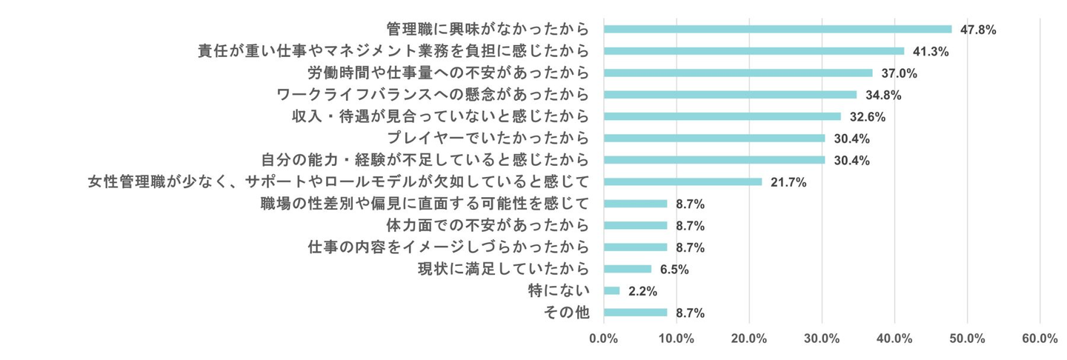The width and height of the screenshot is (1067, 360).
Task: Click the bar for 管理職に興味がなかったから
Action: [x=777, y=30]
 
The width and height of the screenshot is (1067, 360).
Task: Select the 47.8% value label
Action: [x=977, y=30]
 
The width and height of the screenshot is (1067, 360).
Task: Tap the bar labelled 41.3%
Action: [x=754, y=51]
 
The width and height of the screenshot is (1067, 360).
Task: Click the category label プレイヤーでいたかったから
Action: [x=489, y=139]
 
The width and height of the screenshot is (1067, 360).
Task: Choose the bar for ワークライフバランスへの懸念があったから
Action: [x=730, y=95]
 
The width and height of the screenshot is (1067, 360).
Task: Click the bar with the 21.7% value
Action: [x=682, y=181]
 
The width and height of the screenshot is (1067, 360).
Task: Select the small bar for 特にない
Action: [x=611, y=290]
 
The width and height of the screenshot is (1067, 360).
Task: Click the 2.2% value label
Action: [x=642, y=291]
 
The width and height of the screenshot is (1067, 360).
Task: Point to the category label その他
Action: [x=567, y=313]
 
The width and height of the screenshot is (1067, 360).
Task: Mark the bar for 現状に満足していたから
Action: [x=627, y=269]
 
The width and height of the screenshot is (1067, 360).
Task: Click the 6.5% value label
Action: [x=674, y=270]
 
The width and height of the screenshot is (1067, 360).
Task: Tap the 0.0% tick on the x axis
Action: [x=604, y=339]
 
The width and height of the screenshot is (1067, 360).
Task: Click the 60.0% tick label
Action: [x=1040, y=339]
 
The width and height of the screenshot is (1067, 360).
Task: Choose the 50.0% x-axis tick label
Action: [x=967, y=339]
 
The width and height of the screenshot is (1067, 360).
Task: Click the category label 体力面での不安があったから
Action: [x=477, y=225]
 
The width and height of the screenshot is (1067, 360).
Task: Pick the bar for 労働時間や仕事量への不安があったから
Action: [x=738, y=73]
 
